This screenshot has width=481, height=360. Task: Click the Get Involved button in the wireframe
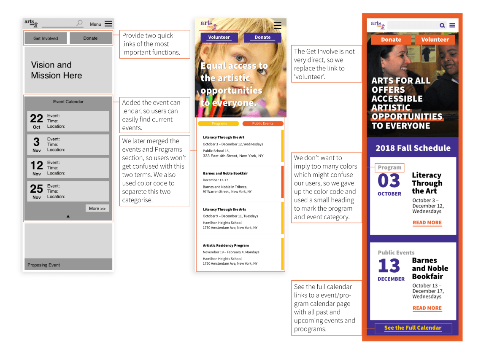coord(46,38)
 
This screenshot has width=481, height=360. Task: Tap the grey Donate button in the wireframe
coord(91,38)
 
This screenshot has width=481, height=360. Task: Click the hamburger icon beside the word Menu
coord(108,24)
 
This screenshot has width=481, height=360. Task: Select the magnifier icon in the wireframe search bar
coord(79,23)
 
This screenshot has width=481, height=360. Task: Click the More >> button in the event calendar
coord(97,208)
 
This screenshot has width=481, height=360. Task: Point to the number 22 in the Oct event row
coord(37,118)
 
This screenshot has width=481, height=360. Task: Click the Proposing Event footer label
coord(43,265)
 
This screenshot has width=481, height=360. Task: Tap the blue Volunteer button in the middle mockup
coord(219,37)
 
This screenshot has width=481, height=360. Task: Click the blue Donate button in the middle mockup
coord(262,37)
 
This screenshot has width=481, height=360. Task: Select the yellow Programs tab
coord(219,124)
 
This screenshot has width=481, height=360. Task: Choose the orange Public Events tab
coord(262,124)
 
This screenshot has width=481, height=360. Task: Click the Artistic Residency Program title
coord(226,245)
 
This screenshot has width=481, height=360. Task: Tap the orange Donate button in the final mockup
coord(391,40)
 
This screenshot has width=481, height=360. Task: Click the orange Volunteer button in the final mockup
coord(435,40)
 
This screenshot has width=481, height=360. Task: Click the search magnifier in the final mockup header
coord(442,25)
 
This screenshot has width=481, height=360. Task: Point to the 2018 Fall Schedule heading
coord(413,148)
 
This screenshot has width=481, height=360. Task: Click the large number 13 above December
coord(389,266)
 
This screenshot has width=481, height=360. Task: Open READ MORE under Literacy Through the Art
coord(427,223)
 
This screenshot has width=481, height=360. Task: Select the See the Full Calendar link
coord(413,328)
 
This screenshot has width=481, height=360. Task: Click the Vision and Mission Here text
coord(57,70)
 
